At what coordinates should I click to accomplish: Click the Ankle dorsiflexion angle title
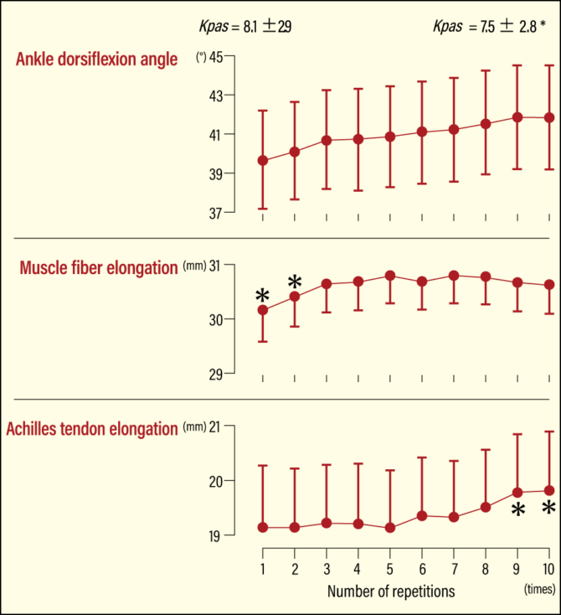pyautogui.click(x=97, y=59)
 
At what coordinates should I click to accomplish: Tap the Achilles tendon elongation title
pyautogui.click(x=91, y=429)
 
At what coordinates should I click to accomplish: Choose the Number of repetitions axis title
pyautogui.click(x=391, y=592)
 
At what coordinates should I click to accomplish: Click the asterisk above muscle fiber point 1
pyautogui.click(x=263, y=296)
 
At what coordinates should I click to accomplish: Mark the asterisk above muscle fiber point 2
pyautogui.click(x=295, y=282)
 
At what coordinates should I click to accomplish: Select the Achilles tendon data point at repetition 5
pyautogui.click(x=389, y=528)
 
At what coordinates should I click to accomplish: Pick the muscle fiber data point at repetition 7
pyautogui.click(x=454, y=275)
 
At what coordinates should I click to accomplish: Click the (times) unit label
pyautogui.click(x=539, y=590)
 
